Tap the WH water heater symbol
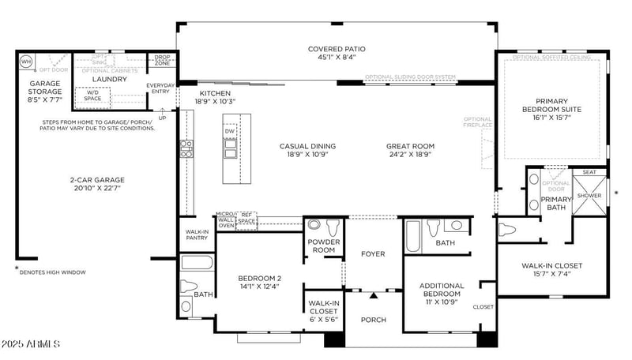coord(26,61)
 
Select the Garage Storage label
coord(45,88)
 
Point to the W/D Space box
coord(92,96)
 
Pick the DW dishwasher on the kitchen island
coord(230,131)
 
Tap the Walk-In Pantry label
coord(197,234)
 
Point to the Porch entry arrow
coord(373,295)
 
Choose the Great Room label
coord(411,146)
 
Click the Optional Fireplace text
coord(478,122)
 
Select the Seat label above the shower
coord(589,171)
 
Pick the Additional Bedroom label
coord(442,289)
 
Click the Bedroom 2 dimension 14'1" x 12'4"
coord(260,287)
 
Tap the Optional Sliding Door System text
coord(410,77)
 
